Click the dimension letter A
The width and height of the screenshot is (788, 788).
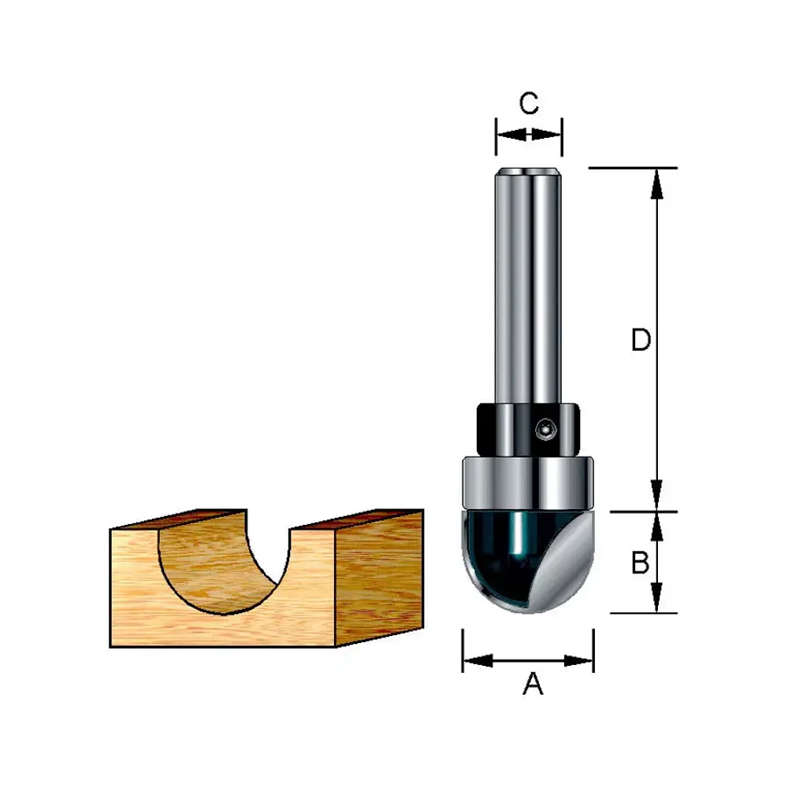533,684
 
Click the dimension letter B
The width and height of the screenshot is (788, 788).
640,563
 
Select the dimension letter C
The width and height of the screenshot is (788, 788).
530,103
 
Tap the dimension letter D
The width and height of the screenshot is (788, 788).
641,340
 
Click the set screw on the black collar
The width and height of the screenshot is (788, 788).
545,429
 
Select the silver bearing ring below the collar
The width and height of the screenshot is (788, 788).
528,483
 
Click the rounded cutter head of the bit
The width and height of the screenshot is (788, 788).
528,561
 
